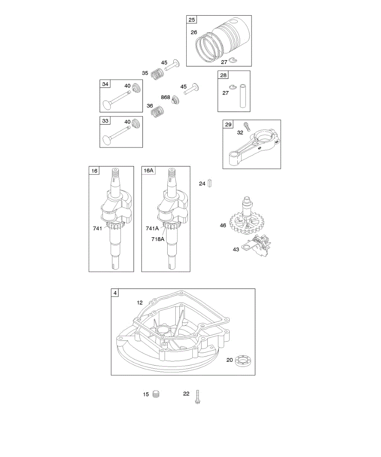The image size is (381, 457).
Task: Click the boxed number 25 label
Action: point(191,20)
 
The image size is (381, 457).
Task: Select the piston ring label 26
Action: point(194,32)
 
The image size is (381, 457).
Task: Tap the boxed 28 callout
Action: point(223,75)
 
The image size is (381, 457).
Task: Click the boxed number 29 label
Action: point(228,125)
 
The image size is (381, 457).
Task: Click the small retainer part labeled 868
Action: point(176,100)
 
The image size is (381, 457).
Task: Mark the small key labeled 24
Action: point(210,184)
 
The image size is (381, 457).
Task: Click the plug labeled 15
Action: point(155,394)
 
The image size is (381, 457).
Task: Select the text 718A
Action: point(157,240)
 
